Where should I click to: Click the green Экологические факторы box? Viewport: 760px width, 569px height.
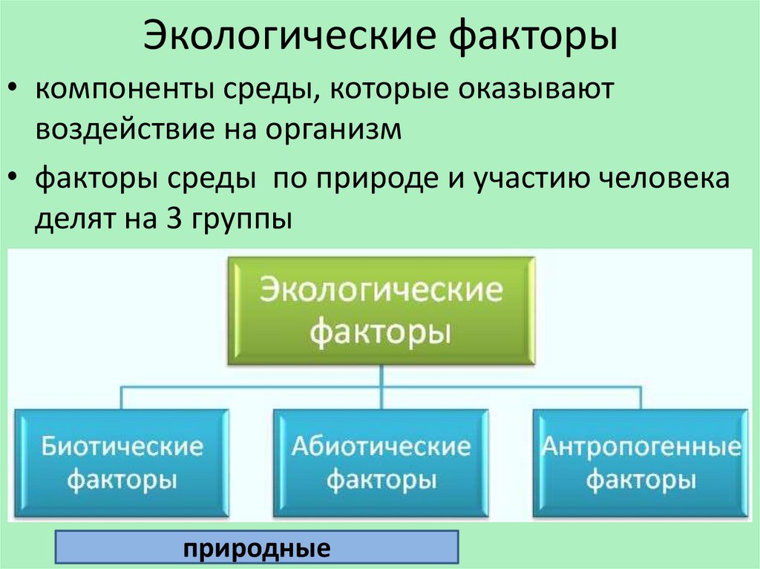381,310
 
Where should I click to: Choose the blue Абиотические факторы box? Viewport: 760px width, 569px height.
381,462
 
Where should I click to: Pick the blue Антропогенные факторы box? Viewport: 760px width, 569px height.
641,462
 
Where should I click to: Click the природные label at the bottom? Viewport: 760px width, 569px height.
258,550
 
